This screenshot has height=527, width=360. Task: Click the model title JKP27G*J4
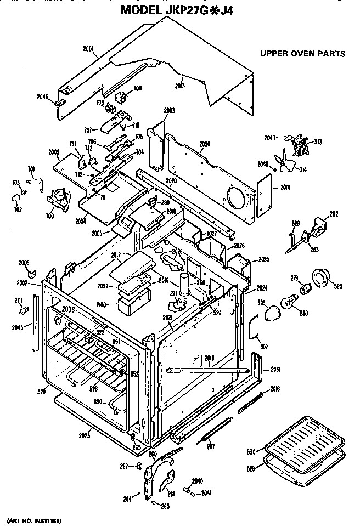tap(177, 9)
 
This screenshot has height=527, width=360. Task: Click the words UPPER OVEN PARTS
tap(302, 54)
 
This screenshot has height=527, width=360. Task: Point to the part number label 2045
tap(19, 328)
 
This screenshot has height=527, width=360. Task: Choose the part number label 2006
tap(24, 262)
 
